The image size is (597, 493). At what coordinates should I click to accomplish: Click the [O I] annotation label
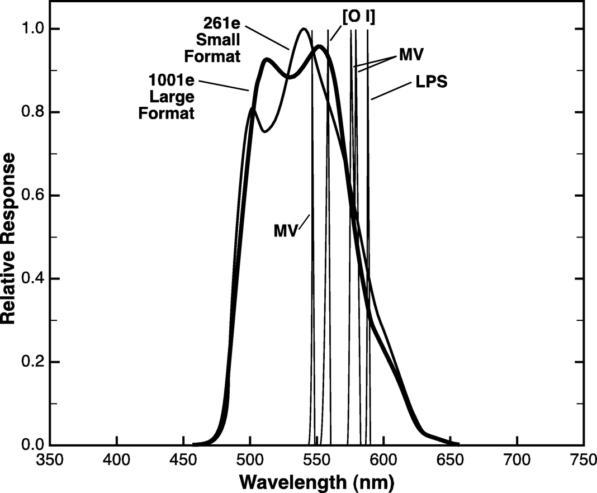tap(358, 17)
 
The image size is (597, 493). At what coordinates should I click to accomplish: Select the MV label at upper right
tap(411, 55)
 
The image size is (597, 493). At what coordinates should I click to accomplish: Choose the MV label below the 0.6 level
tap(285, 230)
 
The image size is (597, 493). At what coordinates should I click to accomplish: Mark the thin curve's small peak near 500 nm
tap(252, 108)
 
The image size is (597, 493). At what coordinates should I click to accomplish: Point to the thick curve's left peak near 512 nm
tap(266, 59)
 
